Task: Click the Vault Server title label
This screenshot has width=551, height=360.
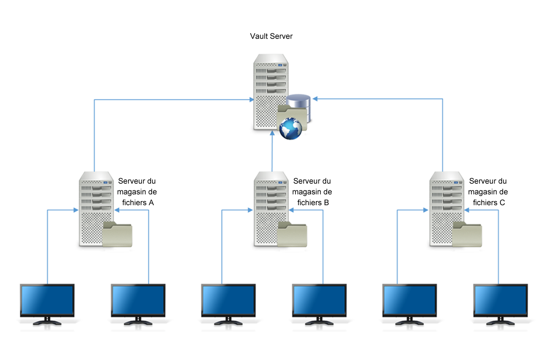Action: [271, 36]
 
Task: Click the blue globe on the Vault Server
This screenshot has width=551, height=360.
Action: [291, 129]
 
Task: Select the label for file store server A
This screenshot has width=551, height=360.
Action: [137, 192]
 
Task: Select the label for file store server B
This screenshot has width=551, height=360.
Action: [312, 192]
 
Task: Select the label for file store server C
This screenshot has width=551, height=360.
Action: [488, 192]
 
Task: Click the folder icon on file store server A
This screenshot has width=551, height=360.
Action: [117, 234]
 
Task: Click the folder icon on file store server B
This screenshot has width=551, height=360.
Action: [292, 234]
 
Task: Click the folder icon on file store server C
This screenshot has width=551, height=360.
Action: [467, 234]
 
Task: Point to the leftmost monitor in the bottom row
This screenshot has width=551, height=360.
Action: [47, 301]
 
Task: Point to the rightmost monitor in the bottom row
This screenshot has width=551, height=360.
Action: [501, 301]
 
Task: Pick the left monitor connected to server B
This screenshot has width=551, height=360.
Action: [228, 301]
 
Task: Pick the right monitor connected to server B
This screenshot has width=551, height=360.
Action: [319, 301]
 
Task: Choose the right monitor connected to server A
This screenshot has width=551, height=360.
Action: [138, 301]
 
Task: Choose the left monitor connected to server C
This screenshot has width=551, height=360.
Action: [410, 301]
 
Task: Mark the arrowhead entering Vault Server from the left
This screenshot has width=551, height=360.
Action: [251, 100]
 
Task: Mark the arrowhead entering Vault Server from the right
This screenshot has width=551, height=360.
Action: [315, 99]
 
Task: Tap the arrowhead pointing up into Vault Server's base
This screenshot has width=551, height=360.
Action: [272, 133]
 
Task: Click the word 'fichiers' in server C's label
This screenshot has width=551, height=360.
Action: [485, 203]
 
